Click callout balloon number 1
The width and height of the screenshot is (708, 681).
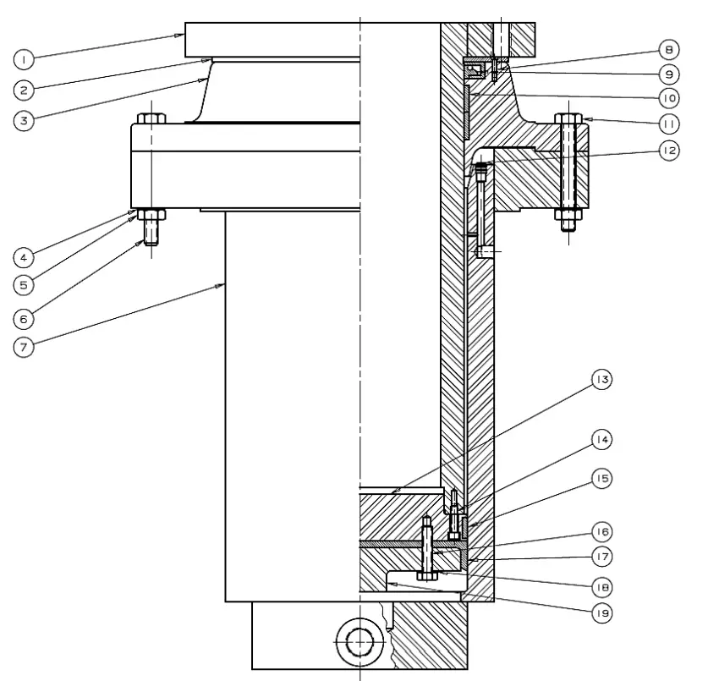[x=25, y=58]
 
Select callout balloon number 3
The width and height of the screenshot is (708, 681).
[x=25, y=119]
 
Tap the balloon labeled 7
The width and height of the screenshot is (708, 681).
[x=25, y=346]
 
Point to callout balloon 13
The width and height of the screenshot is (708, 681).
[x=602, y=380]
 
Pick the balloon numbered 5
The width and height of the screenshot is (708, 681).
[x=25, y=284]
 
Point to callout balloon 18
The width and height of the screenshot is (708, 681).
[x=602, y=585]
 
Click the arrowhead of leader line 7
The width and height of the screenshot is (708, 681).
[x=222, y=287]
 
